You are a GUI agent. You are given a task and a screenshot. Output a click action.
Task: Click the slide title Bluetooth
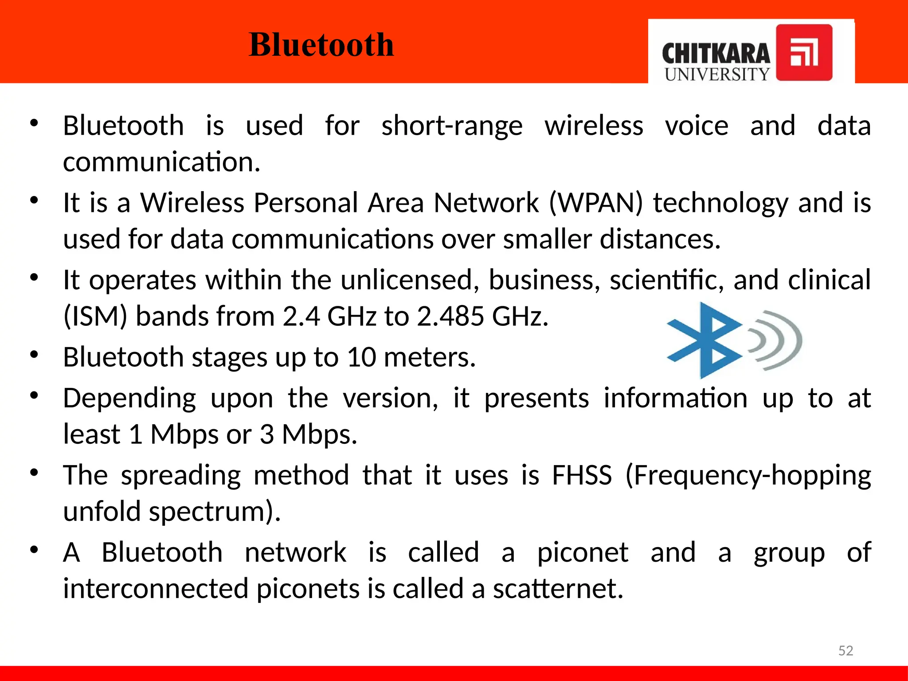coord(321,45)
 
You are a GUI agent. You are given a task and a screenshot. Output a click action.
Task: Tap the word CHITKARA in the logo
coord(716,54)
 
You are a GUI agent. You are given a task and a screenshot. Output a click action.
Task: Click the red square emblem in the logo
coord(804,52)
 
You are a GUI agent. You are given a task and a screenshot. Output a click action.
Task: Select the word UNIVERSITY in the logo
coord(717,74)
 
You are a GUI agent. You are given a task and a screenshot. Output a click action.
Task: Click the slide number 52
coord(845,650)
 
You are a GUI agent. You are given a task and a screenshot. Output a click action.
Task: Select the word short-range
coord(452,126)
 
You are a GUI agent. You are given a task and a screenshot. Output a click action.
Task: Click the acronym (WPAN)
coord(595,203)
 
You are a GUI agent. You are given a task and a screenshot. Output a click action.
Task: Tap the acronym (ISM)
coord(95,317)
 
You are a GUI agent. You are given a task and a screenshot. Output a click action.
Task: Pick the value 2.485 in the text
coord(450,317)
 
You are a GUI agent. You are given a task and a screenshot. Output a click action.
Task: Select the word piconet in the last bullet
coord(583,553)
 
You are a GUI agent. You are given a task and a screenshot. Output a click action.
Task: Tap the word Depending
coord(129,398)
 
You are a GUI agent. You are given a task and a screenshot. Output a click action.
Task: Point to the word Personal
coord(305,203)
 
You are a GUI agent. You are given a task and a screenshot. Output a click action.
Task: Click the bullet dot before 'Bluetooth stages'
coord(34,355)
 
